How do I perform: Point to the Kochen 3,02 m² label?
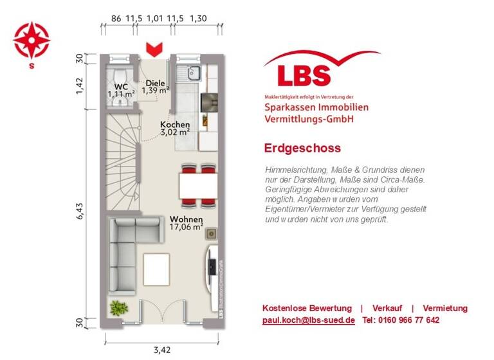coord(175,129)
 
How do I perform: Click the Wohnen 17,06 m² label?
coord(186,222)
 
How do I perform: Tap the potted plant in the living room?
coord(118,307)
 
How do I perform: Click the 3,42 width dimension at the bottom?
coord(162,350)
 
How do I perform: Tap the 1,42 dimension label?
coord(80,85)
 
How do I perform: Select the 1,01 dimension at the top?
coord(154,19)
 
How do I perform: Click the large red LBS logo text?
coord(304,75)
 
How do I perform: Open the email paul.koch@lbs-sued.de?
coord(308,320)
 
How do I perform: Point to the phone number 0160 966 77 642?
coord(401,320)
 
